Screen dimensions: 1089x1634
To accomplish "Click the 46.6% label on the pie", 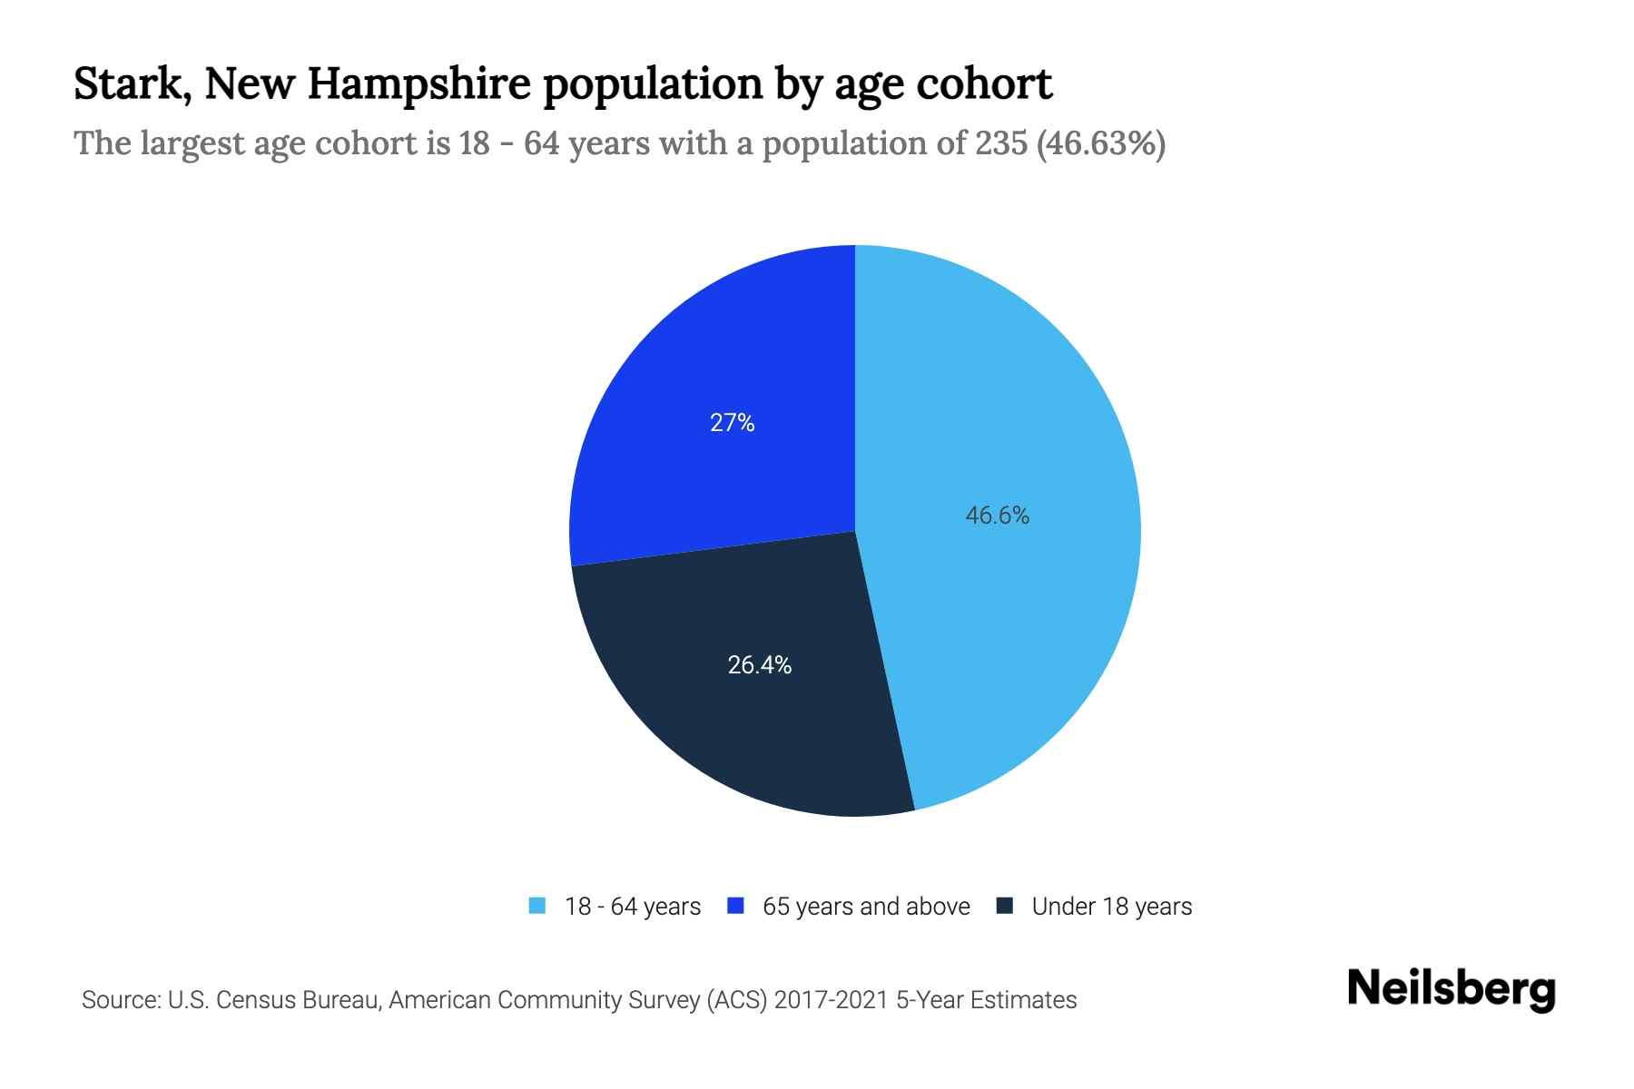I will click(x=997, y=515).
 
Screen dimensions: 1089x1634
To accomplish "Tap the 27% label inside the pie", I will click(x=732, y=423).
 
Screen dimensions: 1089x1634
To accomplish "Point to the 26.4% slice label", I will click(x=760, y=665).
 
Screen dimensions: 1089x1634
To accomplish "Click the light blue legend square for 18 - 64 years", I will click(x=537, y=906).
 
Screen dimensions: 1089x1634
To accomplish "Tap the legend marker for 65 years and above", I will click(x=735, y=906).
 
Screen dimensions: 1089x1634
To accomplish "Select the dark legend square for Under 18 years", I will click(x=1005, y=906).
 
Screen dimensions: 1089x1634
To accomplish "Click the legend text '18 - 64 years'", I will click(x=633, y=907).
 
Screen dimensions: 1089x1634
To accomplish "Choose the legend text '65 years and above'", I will click(x=866, y=907).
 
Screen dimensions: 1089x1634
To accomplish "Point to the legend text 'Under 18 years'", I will click(x=1112, y=907).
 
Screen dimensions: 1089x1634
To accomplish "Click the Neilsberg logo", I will click(x=1452, y=989).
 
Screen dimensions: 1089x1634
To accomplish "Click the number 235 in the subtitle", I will click(x=1001, y=143).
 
